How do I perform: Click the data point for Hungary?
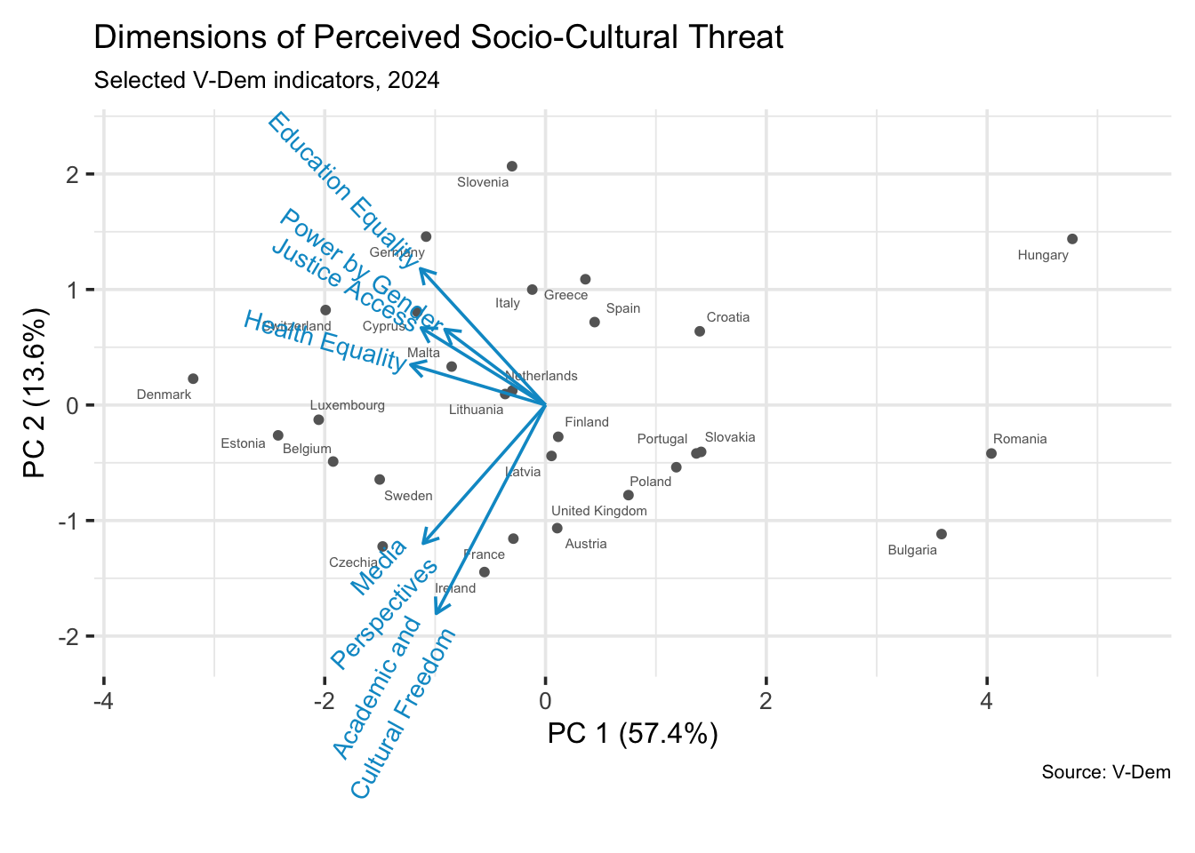pyautogui.click(x=1072, y=239)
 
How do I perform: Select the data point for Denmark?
pyautogui.click(x=193, y=379)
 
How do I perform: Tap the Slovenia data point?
pyautogui.click(x=512, y=166)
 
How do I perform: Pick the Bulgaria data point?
pyautogui.click(x=942, y=534)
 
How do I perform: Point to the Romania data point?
pyautogui.click(x=991, y=453)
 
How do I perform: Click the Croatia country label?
pyautogui.click(x=728, y=317)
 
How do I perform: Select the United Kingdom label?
pyautogui.click(x=599, y=511)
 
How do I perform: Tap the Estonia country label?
pyautogui.click(x=243, y=443)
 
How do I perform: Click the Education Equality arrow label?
pyautogui.click(x=343, y=188)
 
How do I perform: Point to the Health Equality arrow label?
pyautogui.click(x=325, y=340)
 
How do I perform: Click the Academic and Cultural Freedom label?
pyautogui.click(x=395, y=702)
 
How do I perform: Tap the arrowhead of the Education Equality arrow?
pyautogui.click(x=421, y=270)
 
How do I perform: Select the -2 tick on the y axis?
pyautogui.click(x=68, y=636)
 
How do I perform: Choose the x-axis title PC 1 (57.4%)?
pyautogui.click(x=632, y=734)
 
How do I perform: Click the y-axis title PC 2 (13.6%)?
pyautogui.click(x=35, y=393)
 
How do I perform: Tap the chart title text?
pyautogui.click(x=438, y=37)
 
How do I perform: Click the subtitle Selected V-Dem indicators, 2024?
pyautogui.click(x=267, y=80)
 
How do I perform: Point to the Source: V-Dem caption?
pyautogui.click(x=1106, y=772)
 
